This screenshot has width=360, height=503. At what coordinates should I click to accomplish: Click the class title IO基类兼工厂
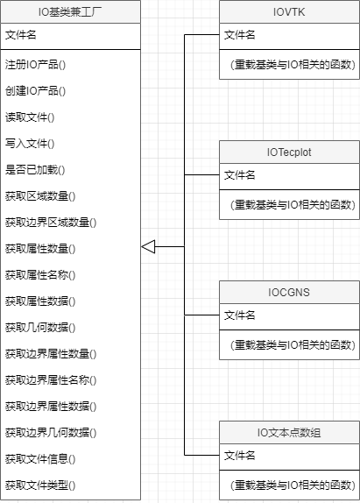coord(70,12)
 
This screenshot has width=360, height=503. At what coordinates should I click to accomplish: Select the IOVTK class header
coord(289,12)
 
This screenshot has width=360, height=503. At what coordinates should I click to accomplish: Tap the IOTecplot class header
coord(289,152)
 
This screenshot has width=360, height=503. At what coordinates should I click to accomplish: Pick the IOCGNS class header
coord(289,292)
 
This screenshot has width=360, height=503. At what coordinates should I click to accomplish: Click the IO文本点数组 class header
coord(289,432)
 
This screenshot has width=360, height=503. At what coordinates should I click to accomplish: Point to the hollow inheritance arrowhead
coord(148,247)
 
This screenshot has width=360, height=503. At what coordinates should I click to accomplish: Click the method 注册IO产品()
coord(35,65)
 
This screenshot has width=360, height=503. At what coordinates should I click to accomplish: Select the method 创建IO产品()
coord(35,91)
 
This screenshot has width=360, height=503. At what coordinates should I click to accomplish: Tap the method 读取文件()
coord(30,117)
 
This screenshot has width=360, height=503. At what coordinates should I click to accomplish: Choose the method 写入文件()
coord(30,144)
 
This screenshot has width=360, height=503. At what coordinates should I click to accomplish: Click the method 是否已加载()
coord(35,170)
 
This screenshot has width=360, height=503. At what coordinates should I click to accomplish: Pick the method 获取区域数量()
coord(40,196)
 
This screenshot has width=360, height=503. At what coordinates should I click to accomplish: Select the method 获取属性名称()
coord(40,275)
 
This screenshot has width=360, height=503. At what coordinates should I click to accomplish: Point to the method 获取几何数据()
coord(40,328)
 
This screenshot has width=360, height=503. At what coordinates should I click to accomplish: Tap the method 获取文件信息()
coord(40,459)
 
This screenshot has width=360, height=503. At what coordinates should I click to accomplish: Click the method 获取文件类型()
coord(40,485)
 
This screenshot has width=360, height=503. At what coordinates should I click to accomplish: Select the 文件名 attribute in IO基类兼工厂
coord(21,35)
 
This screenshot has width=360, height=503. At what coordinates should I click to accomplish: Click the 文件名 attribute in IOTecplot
coord(239,175)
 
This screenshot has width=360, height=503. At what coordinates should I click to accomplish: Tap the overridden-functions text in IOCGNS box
coord(293,345)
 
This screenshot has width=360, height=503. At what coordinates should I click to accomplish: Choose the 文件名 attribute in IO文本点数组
coord(239,455)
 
